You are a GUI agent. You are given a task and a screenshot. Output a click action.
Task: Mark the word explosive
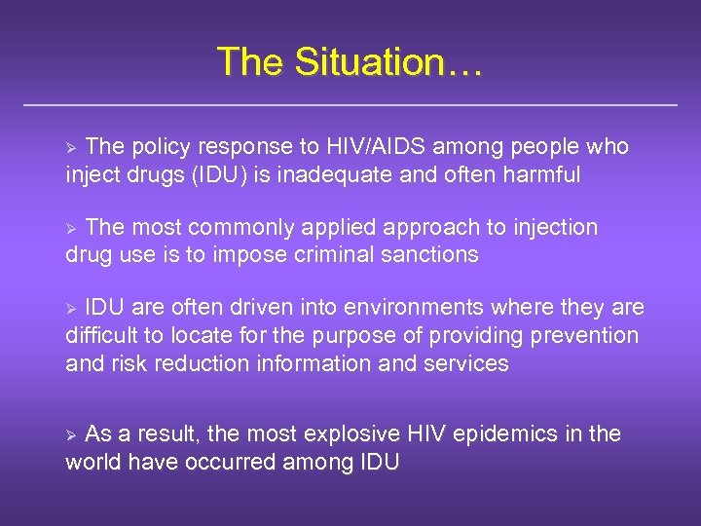click(361, 434)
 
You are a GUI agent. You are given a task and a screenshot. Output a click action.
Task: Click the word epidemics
click(516, 434)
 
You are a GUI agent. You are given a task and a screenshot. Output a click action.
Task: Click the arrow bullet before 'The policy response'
click(70, 148)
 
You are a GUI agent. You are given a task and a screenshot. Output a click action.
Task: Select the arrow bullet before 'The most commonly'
click(70, 229)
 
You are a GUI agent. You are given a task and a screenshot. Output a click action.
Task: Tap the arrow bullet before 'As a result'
click(70, 435)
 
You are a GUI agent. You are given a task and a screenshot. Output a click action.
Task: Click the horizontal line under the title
click(350, 103)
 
